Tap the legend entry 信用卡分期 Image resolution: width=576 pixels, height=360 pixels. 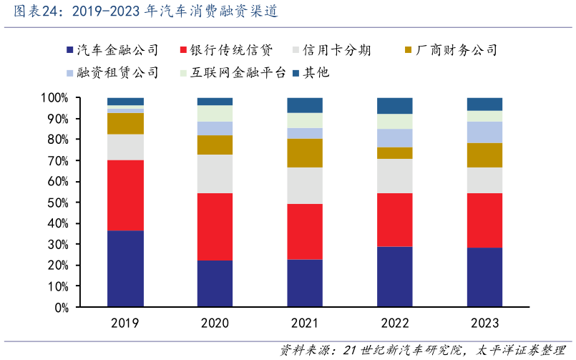point(336,50)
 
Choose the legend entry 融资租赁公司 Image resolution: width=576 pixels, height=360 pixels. point(117,72)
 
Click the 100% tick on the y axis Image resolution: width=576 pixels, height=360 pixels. point(54,98)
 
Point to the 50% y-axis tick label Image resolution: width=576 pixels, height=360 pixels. point(57,203)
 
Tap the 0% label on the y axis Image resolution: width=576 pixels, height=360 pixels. point(60,307)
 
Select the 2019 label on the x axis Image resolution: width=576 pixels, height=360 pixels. point(125,323)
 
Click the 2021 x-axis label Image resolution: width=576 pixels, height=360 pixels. point(306,323)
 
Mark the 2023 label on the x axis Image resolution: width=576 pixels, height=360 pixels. point(485,323)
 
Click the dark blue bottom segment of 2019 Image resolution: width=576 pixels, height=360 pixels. point(125,268)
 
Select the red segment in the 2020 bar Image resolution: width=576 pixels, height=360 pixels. point(215,226)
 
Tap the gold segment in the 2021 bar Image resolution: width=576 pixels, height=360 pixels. point(306,152)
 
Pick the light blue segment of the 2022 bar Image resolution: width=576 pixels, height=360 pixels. point(395,137)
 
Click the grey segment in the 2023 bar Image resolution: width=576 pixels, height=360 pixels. point(485,180)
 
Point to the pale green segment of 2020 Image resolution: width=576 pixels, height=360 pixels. point(215,113)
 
